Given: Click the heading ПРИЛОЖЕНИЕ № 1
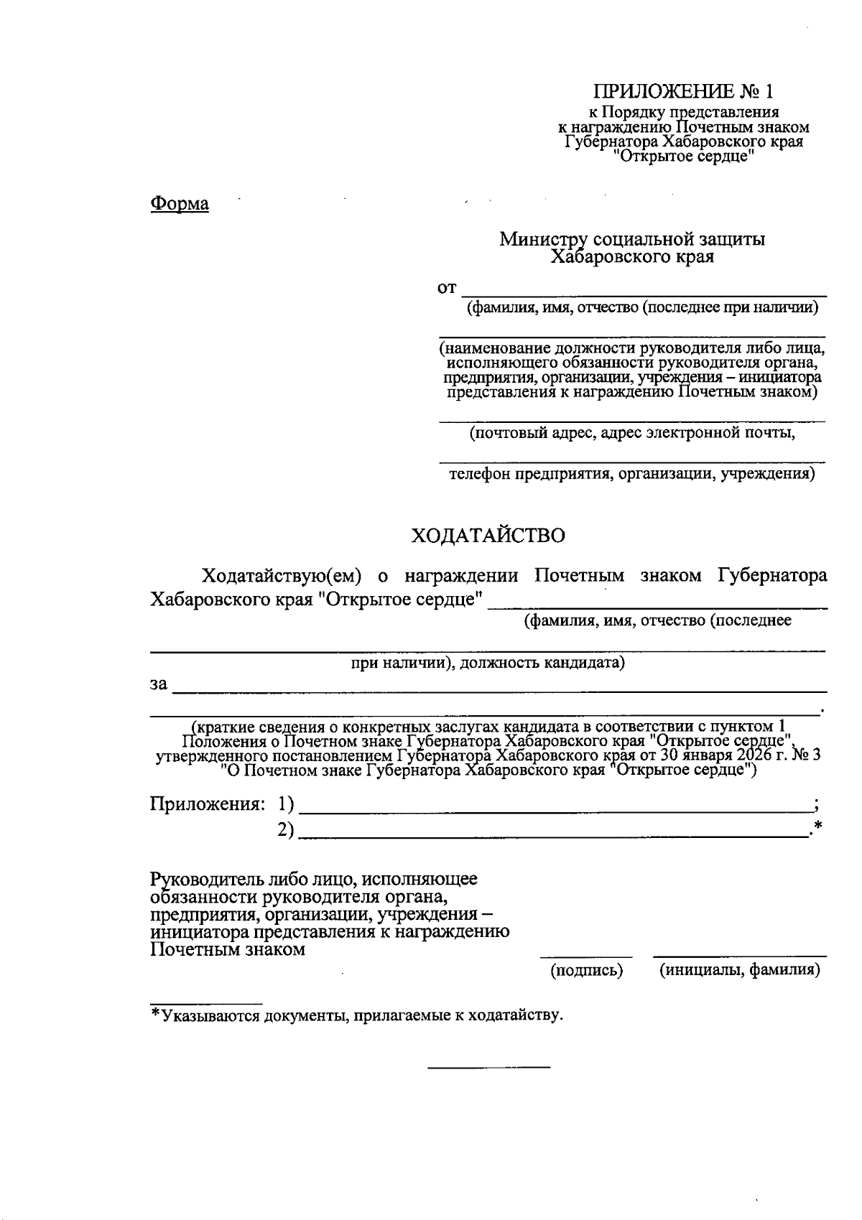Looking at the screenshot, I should point(683,92).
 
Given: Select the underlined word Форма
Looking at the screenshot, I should point(180,204).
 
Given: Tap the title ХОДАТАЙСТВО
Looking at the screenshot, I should point(488,536).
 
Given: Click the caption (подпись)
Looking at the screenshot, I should point(586,971).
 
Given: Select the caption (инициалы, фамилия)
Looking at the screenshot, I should point(739,971).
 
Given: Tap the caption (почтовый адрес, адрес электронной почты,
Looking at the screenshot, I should point(632,434).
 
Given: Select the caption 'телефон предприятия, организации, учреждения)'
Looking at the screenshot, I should point(632,475).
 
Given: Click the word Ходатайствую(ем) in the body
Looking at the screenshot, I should point(281,576).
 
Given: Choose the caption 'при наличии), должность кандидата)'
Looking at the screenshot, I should point(488,662).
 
